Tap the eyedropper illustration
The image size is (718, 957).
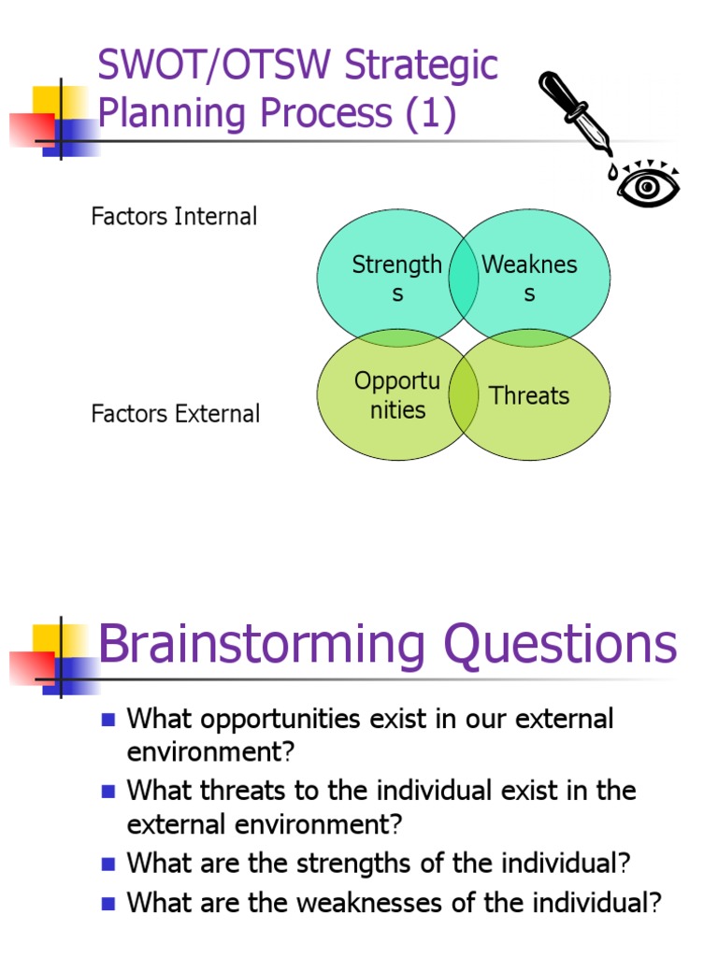[574, 113]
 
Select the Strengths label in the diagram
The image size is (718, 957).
[396, 279]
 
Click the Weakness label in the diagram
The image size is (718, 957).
[529, 279]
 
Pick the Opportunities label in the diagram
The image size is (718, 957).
[396, 395]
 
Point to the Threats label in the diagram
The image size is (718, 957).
[529, 395]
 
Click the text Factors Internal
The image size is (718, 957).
[174, 217]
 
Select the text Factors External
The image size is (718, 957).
[176, 414]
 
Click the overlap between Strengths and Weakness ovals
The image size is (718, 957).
[464, 279]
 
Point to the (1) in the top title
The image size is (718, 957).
[429, 113]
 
